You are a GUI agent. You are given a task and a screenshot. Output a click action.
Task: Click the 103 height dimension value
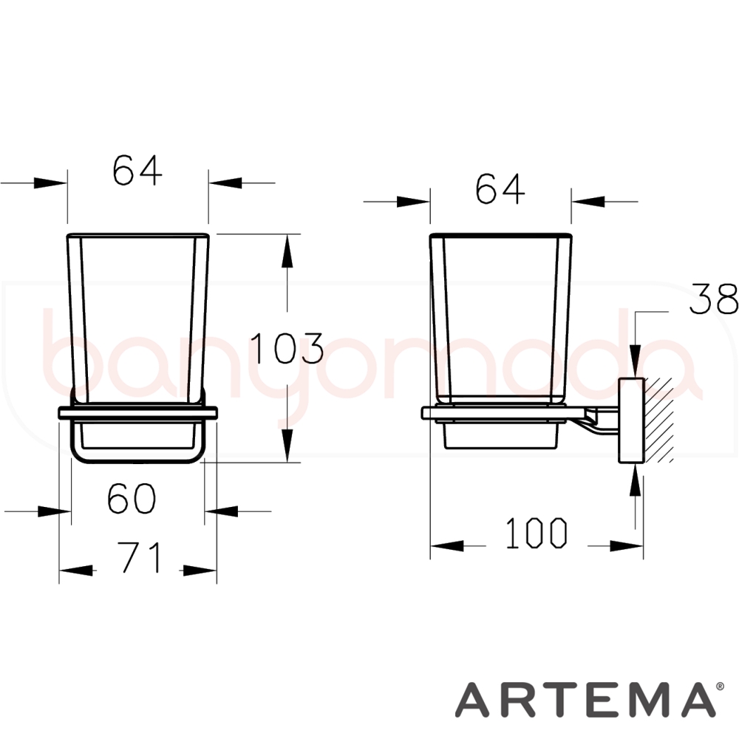(287, 348)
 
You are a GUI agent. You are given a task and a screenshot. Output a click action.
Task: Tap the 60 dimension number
(132, 499)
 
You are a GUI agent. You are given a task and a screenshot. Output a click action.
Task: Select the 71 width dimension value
(139, 557)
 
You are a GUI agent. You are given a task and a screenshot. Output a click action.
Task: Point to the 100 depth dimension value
(537, 533)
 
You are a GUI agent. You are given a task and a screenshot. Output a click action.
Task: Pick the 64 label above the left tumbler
(137, 170)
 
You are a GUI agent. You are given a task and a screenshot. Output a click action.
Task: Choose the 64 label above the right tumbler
(500, 188)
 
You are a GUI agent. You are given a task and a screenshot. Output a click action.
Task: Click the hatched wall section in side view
(658, 420)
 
